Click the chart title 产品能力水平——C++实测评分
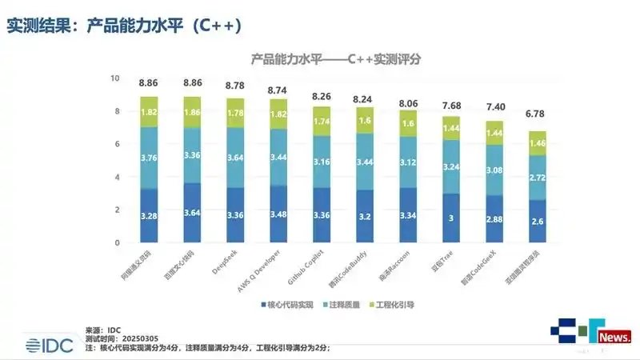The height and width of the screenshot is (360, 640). point(336,59)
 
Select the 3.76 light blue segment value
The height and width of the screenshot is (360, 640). point(149,158)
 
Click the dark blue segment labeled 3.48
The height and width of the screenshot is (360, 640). point(278,215)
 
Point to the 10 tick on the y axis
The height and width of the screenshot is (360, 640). point(114,78)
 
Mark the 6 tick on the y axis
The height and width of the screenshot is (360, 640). point(116,144)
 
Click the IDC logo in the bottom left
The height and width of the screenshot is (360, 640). point(49,345)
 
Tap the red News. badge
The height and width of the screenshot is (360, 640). point(614,337)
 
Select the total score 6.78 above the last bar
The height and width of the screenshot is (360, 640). point(537,114)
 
